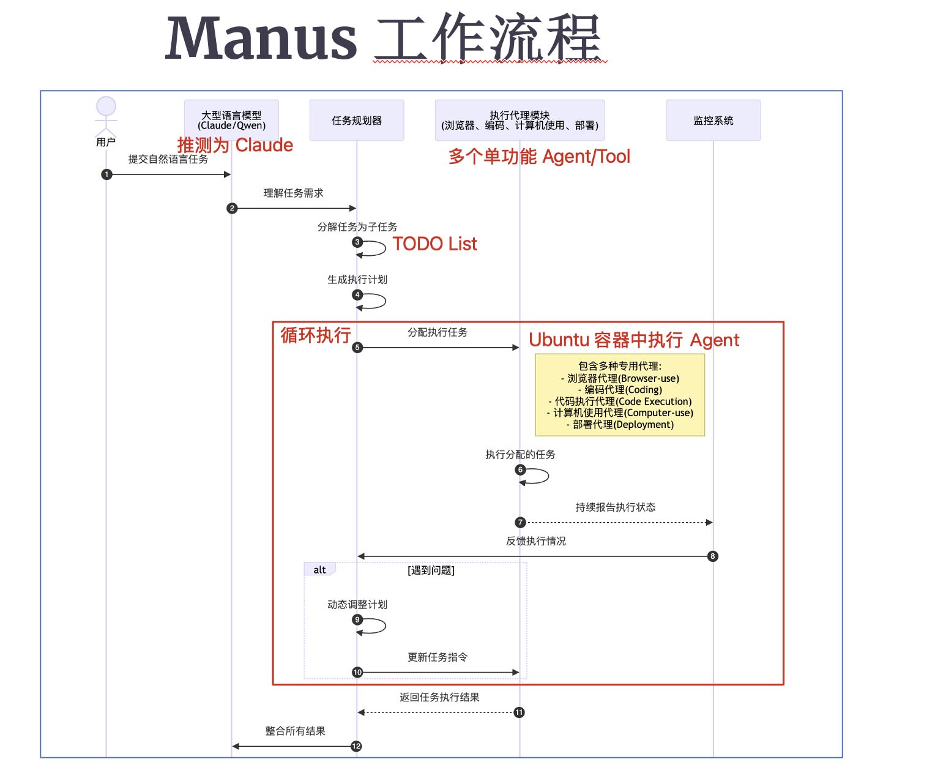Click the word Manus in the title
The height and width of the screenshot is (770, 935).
pyautogui.click(x=261, y=39)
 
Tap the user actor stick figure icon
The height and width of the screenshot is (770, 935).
pyautogui.click(x=106, y=116)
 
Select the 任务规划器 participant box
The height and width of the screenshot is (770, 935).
pyautogui.click(x=357, y=121)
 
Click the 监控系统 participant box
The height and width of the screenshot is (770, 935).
pyautogui.click(x=713, y=121)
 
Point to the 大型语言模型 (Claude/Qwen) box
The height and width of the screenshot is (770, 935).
pyautogui.click(x=231, y=120)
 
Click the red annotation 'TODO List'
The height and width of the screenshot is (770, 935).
pyautogui.click(x=434, y=244)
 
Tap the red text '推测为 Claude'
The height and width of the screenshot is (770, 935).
pyautogui.click(x=235, y=146)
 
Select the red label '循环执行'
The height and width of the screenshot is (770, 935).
pyautogui.click(x=316, y=335)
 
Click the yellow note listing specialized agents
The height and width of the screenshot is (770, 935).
pyautogui.click(x=620, y=395)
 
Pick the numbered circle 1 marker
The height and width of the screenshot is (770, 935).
pyautogui.click(x=106, y=174)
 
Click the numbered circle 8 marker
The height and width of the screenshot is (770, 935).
pyautogui.click(x=712, y=556)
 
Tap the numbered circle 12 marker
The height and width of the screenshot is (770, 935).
pyautogui.click(x=356, y=746)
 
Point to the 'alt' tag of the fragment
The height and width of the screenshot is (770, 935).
pyautogui.click(x=319, y=570)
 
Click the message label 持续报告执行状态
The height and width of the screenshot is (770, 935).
pyautogui.click(x=615, y=507)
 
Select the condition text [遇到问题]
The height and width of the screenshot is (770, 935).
pyautogui.click(x=431, y=570)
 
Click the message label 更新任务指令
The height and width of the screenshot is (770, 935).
pyautogui.click(x=438, y=657)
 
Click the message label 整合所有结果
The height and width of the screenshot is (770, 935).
pyautogui.click(x=295, y=731)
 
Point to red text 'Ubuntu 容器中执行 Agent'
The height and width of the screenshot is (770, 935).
pyautogui.click(x=634, y=340)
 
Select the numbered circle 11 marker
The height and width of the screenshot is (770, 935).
pyautogui.click(x=519, y=712)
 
